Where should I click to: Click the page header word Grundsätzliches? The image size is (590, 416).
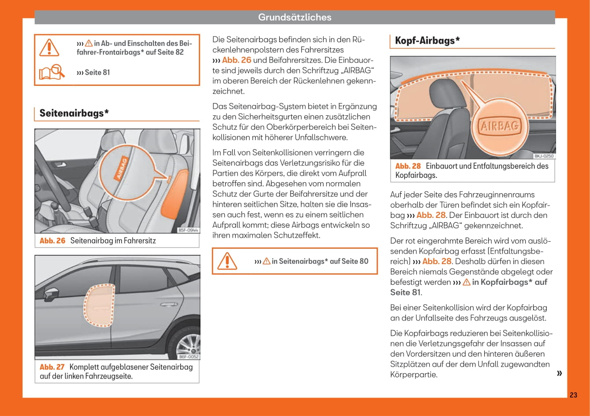(294, 17)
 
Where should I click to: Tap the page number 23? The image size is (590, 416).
(573, 395)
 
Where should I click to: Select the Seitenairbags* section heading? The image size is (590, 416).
(74, 113)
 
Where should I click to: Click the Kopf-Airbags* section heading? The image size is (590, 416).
(427, 40)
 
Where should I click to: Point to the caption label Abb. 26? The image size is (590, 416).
(52, 241)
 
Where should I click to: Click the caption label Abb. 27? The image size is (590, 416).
(52, 367)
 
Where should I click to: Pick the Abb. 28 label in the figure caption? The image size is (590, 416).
(408, 166)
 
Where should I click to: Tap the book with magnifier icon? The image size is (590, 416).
(51, 72)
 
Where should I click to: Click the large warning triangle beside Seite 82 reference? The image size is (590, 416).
(49, 47)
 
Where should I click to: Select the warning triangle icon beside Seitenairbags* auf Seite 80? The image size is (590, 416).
(227, 261)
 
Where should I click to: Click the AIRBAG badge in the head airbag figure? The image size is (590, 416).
(500, 126)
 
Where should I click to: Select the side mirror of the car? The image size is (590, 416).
(51, 293)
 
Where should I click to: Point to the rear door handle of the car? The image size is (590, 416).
(169, 304)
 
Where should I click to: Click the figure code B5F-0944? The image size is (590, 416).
(188, 230)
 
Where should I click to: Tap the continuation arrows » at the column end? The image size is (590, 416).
(560, 373)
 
